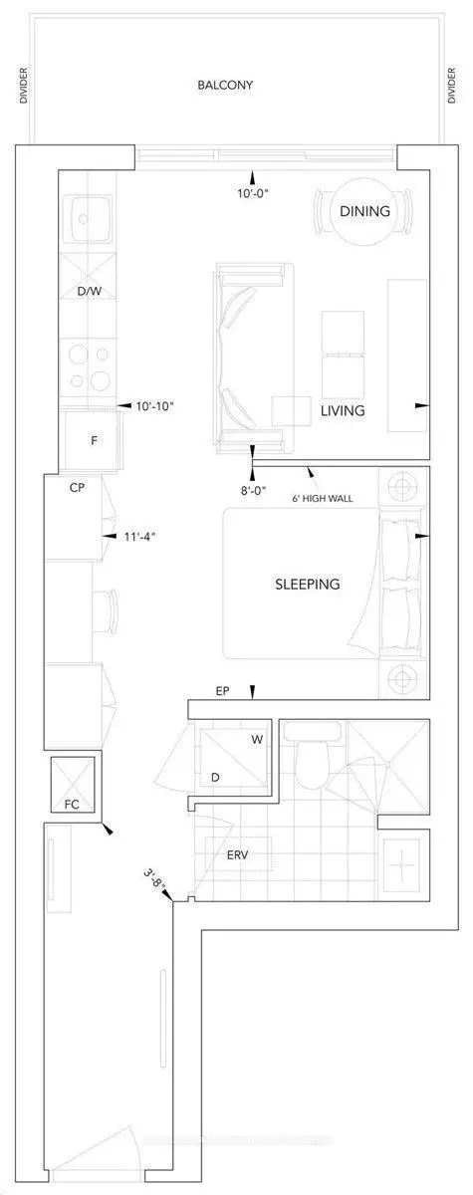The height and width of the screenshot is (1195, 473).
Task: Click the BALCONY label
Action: coord(225,86)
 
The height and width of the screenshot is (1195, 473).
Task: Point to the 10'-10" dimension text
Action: coord(155,405)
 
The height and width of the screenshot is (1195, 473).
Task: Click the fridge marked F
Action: coord(93,438)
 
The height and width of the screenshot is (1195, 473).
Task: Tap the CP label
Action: coord(76,489)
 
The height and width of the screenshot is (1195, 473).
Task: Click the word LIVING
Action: coord(343,410)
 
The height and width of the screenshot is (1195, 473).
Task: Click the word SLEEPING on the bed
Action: coord(307,584)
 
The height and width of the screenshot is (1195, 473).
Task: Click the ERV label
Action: coord(236,855)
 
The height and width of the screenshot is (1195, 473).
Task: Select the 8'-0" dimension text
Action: coord(253,489)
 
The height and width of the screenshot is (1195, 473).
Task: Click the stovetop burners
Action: coord(88,365)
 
